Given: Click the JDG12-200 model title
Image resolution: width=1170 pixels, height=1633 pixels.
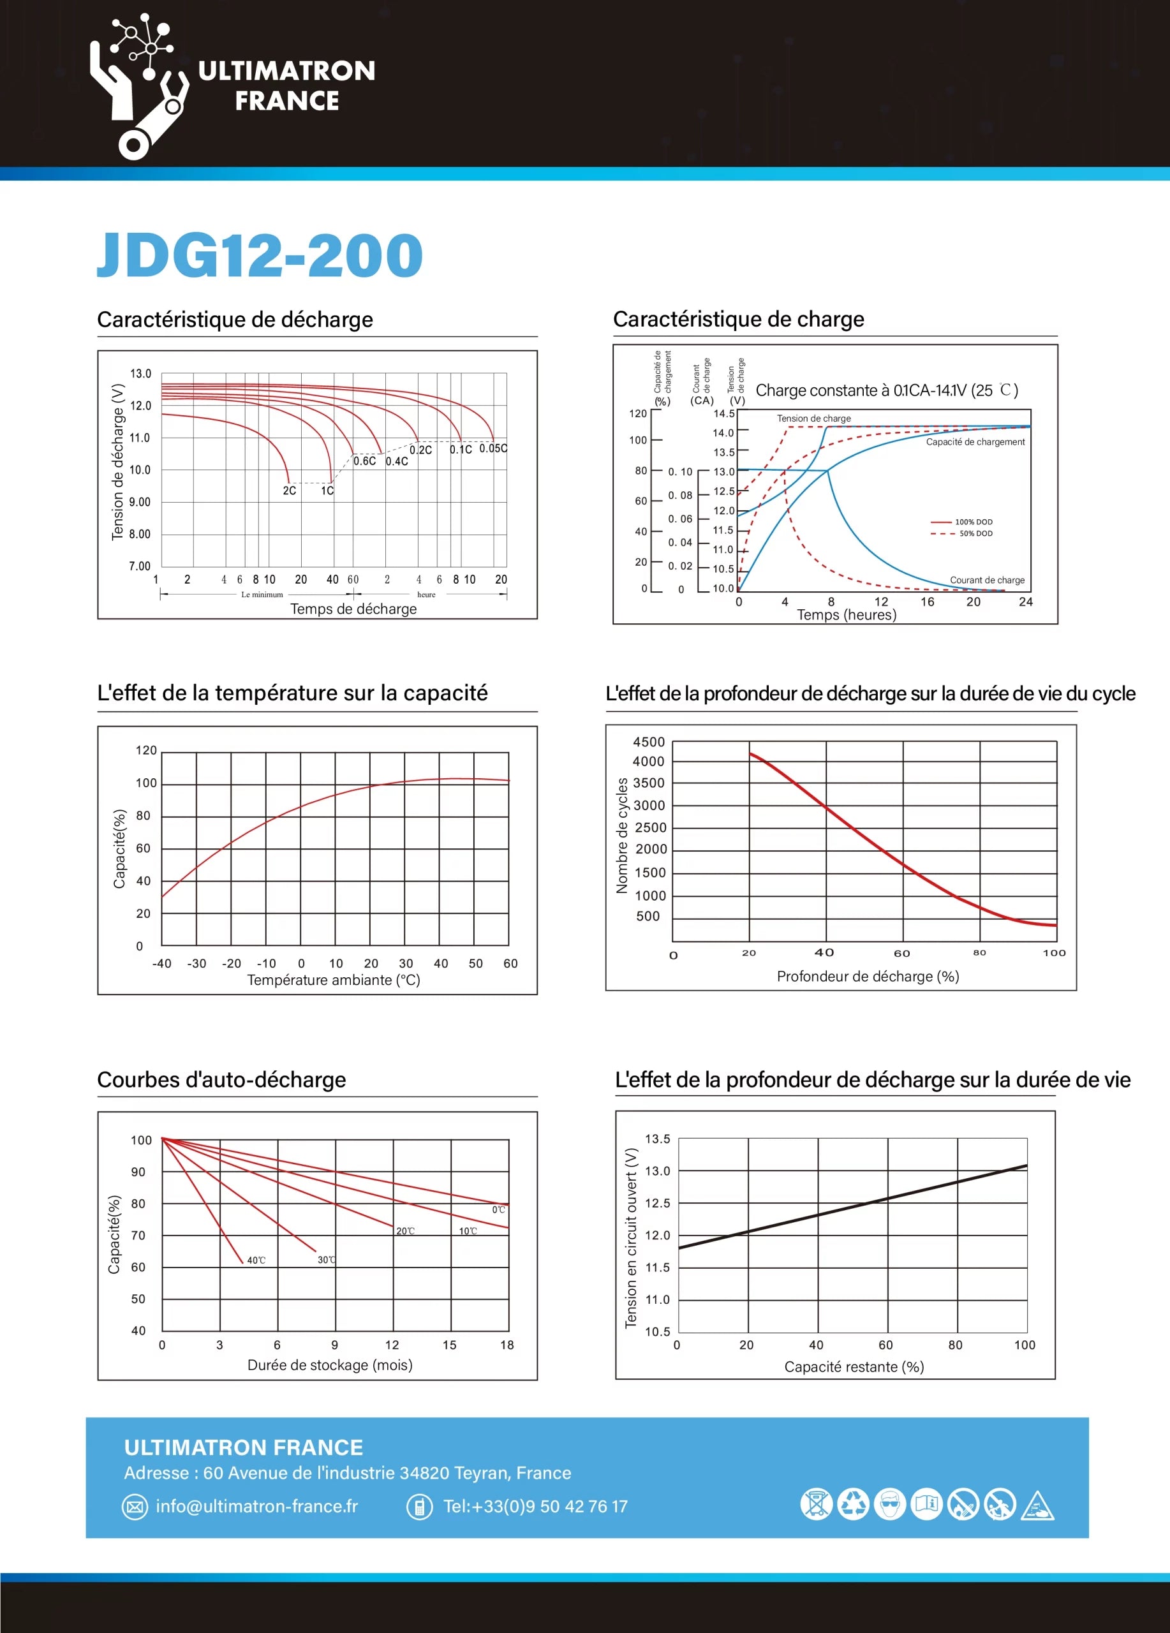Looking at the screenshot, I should [x=260, y=255].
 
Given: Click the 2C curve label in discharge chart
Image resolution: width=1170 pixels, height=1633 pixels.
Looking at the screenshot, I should [x=290, y=491].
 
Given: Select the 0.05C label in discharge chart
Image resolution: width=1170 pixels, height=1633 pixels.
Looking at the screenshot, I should [x=493, y=448].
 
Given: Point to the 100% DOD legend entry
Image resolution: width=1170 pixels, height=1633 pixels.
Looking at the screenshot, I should [x=963, y=522].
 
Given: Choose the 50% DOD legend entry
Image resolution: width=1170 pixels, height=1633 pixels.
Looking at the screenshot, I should [x=963, y=533].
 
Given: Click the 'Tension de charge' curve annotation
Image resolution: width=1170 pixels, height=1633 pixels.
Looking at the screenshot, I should [x=813, y=418].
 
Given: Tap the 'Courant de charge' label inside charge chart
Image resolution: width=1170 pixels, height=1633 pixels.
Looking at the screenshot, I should [x=987, y=580].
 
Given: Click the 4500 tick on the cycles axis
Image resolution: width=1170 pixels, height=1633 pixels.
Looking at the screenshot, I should [x=649, y=743].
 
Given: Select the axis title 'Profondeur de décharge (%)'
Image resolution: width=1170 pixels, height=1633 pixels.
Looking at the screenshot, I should [x=868, y=977].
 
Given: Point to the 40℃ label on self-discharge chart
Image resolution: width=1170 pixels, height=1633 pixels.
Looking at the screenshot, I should [x=256, y=1260].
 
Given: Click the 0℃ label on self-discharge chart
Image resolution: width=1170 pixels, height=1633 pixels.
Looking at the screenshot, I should [x=498, y=1209].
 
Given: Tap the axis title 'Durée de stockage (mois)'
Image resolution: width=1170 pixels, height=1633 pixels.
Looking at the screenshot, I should [x=330, y=1365].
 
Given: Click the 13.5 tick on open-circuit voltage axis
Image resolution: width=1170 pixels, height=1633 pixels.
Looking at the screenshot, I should [x=657, y=1139].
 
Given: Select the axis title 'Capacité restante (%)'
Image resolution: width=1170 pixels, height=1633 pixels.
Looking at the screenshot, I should [x=854, y=1366].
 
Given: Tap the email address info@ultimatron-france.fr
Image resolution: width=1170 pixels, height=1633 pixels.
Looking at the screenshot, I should [x=257, y=1506].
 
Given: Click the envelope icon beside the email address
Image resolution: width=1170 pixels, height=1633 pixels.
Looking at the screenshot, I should [x=135, y=1507].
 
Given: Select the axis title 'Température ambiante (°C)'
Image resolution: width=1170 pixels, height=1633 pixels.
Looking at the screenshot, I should [x=334, y=980].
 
